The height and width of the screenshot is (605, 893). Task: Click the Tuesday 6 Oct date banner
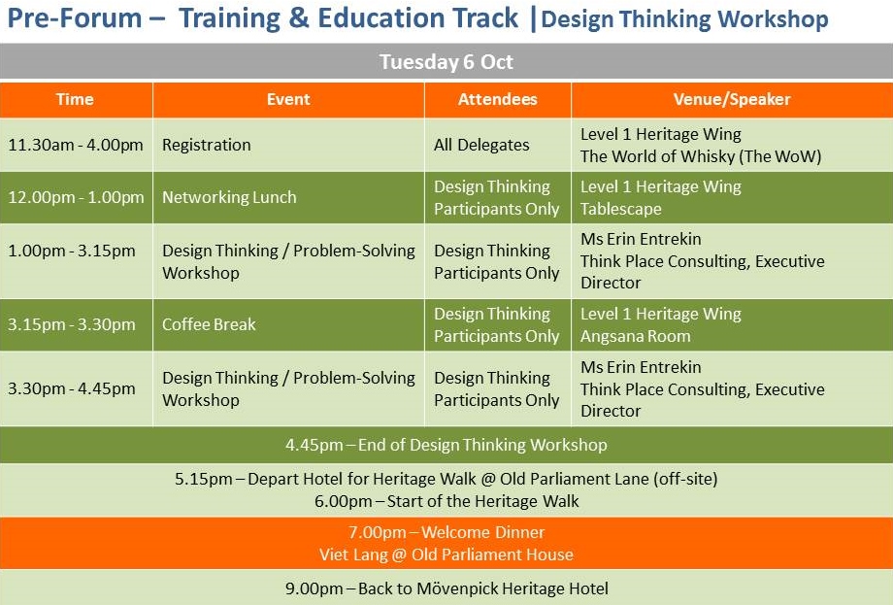pyautogui.click(x=446, y=61)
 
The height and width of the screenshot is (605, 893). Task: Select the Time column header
pyautogui.click(x=75, y=99)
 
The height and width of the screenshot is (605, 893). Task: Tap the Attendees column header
pyautogui.click(x=498, y=99)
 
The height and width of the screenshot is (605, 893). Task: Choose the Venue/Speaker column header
pyautogui.click(x=732, y=99)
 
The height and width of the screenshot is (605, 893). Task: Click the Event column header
pyautogui.click(x=288, y=99)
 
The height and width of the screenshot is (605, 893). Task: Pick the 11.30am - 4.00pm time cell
pyautogui.click(x=76, y=145)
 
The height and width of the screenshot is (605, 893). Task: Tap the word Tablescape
pyautogui.click(x=621, y=209)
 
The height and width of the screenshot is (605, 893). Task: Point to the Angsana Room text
pyautogui.click(x=635, y=336)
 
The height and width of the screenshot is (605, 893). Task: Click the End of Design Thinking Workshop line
pyautogui.click(x=446, y=445)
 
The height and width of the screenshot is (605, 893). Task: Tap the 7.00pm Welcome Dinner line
pyautogui.click(x=446, y=532)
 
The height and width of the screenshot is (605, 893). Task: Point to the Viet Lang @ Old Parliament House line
pyautogui.click(x=446, y=555)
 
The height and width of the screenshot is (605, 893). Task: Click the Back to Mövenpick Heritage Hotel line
pyautogui.click(x=446, y=588)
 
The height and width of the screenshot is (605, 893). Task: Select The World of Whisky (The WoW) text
pyautogui.click(x=701, y=156)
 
